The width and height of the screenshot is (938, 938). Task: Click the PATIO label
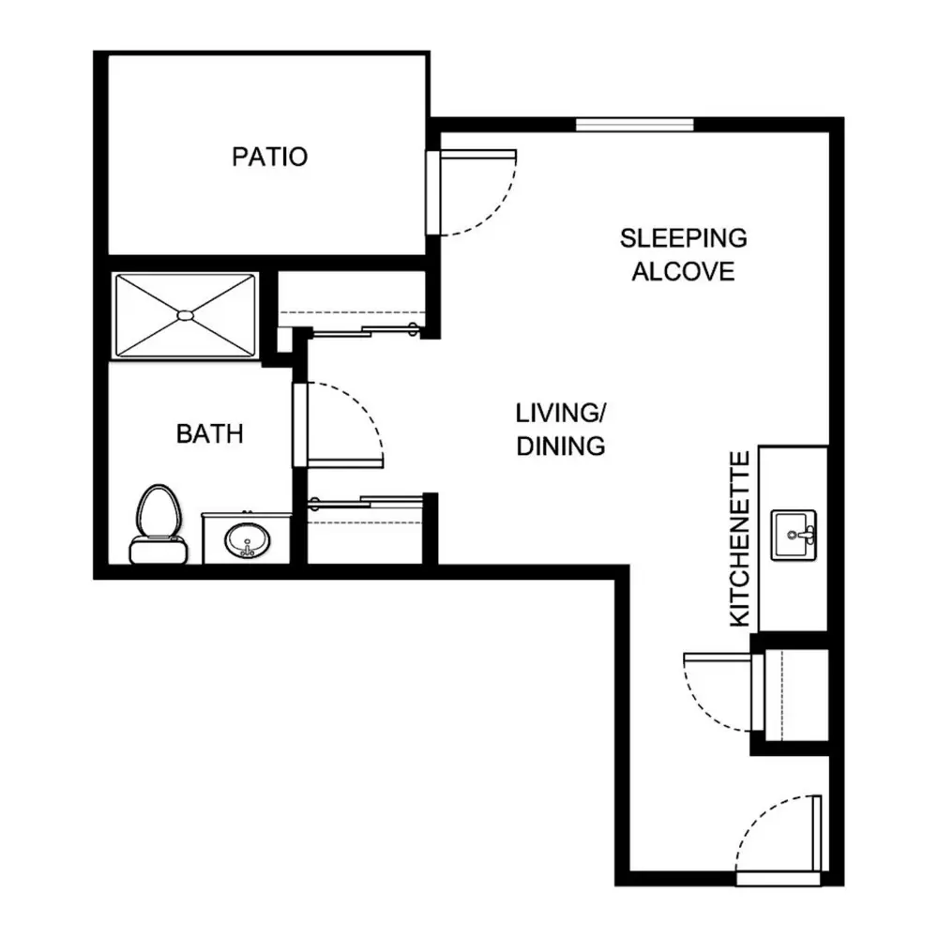269,157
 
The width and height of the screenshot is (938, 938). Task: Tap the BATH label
210,433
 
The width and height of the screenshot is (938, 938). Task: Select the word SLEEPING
683,238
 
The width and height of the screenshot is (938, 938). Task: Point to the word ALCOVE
683,272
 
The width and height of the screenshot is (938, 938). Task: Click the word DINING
561,446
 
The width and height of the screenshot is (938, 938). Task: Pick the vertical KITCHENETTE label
740,539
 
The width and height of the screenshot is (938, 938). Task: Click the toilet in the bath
159,524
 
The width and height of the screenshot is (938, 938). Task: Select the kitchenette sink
794,535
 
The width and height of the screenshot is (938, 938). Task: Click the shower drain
186,314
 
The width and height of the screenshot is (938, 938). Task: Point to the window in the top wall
635,125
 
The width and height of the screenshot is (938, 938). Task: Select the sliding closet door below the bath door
365,502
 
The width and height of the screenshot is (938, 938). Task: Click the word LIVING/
561,413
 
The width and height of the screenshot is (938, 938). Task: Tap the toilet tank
159,551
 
